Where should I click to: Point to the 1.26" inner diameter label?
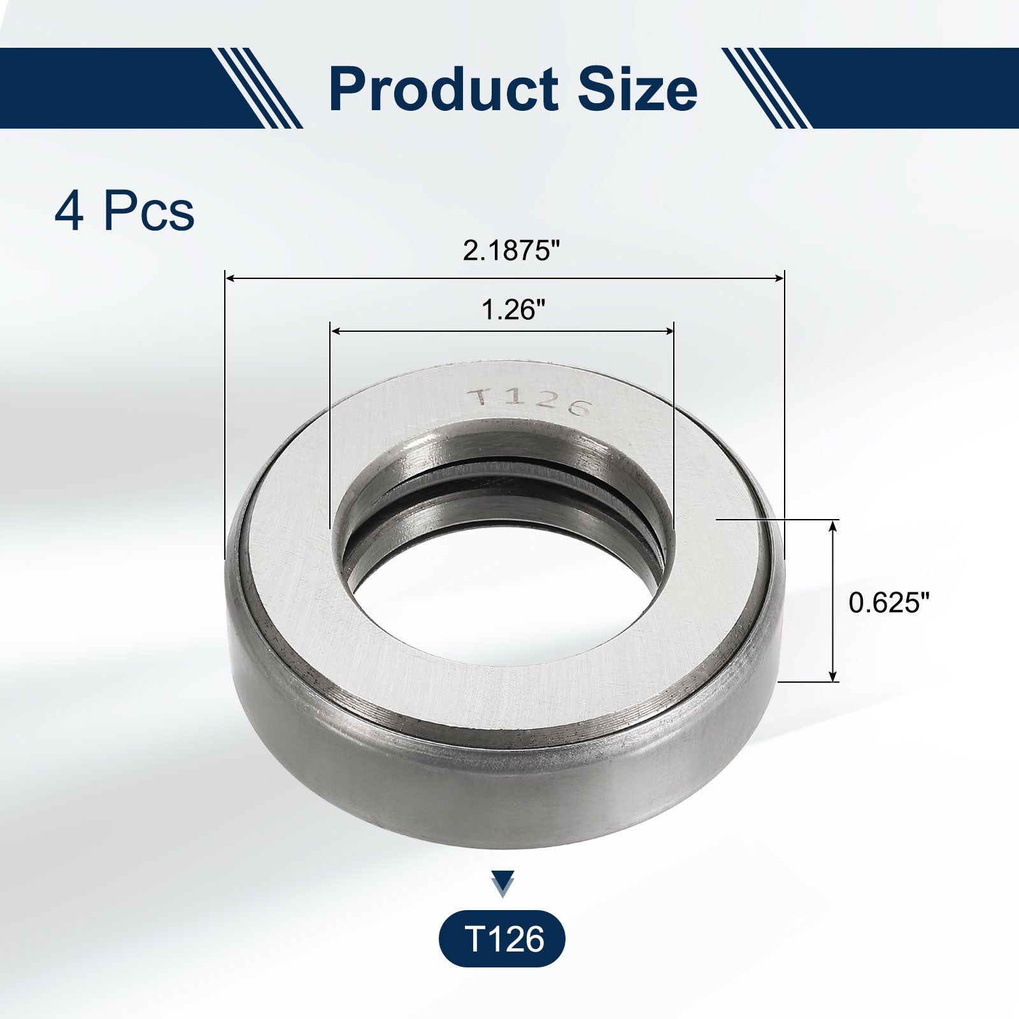pyautogui.click(x=513, y=310)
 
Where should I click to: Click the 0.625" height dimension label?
pyautogui.click(x=889, y=602)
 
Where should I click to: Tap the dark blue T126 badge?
pyautogui.click(x=502, y=939)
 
